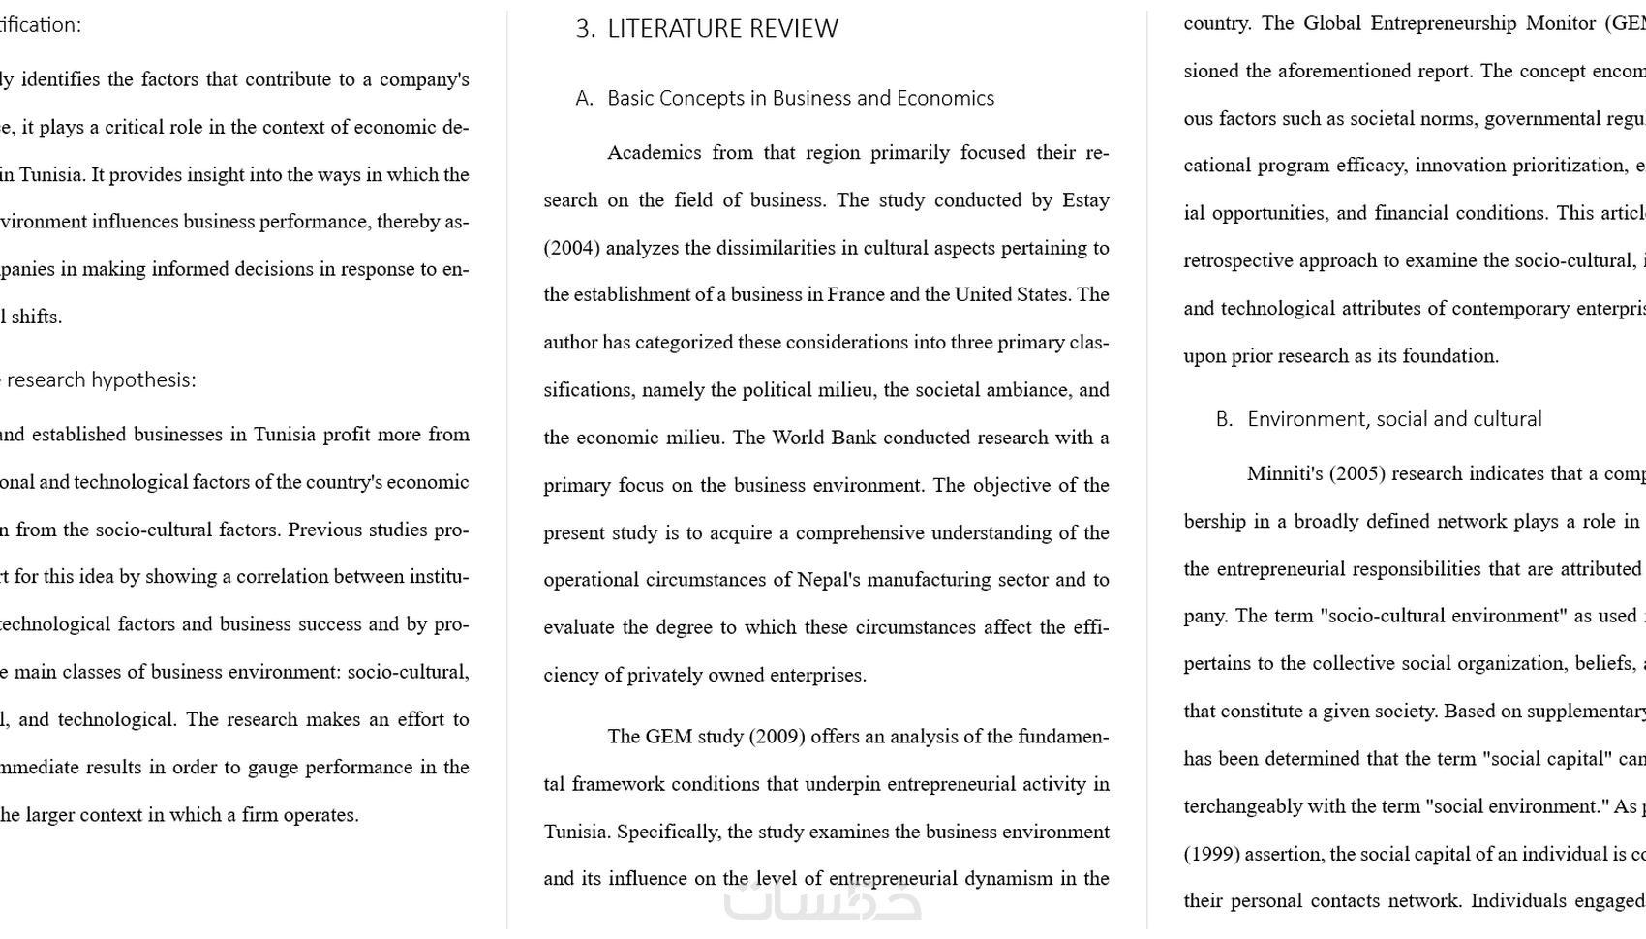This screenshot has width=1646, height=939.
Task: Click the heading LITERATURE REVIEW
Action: pyautogui.click(x=722, y=29)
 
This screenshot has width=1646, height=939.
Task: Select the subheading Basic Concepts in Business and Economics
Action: pyautogui.click(x=800, y=98)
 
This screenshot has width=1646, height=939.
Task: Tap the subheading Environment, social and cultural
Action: pyautogui.click(x=1394, y=419)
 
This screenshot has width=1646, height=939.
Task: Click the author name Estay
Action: pyautogui.click(x=1085, y=200)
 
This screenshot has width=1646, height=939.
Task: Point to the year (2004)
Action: pyautogui.click(x=571, y=248)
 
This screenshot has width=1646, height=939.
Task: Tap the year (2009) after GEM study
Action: pyautogui.click(x=777, y=737)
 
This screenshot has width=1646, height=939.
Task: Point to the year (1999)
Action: pyautogui.click(x=1210, y=854)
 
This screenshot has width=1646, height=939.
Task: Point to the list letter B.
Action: pyautogui.click(x=1224, y=419)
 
